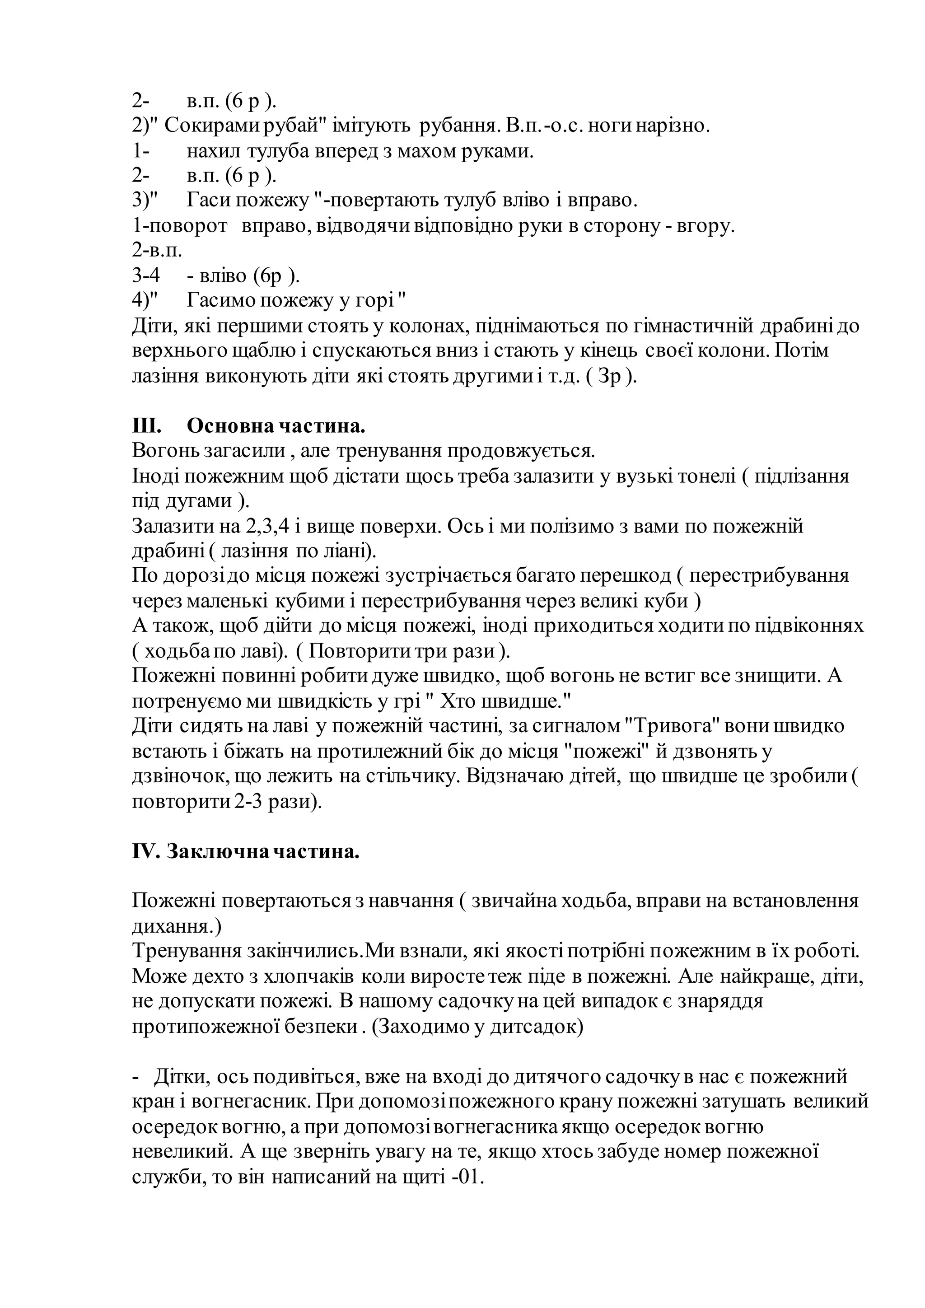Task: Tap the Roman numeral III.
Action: [x=146, y=425]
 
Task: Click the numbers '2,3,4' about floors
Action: [x=267, y=525]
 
